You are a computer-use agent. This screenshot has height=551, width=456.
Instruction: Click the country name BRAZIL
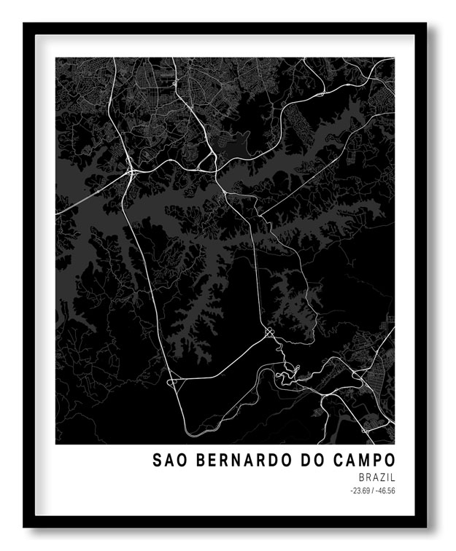pos(377,477)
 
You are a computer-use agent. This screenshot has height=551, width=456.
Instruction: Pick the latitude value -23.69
pos(360,491)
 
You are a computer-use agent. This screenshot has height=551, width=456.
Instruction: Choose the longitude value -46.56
pos(385,491)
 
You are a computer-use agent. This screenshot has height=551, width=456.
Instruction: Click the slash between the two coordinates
pos(372,491)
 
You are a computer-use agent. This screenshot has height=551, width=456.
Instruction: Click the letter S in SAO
pos(157,460)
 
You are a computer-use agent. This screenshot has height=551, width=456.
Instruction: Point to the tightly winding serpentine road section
pos(287,374)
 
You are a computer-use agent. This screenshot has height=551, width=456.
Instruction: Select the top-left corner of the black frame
pos(25,24)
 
